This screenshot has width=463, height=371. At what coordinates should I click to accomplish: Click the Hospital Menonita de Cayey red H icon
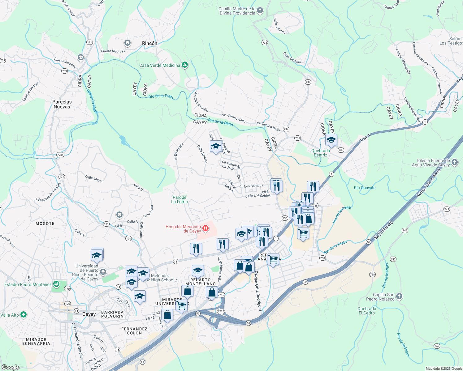coord(205,229)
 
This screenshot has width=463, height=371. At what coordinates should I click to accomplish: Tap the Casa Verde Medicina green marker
coord(185,65)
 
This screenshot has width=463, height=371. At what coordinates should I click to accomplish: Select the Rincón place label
coord(149,44)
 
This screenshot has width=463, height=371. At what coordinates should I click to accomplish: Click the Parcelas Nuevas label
coord(62,104)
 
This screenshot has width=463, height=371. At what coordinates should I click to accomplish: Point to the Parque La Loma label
coord(180,199)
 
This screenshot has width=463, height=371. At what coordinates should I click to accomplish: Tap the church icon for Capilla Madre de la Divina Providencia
coord(260,11)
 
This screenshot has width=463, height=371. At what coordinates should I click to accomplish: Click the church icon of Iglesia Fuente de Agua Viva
coord(454,162)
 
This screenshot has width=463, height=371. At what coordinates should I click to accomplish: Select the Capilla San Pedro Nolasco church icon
coord(399,296)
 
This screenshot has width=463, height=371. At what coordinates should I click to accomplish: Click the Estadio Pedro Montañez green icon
coord(56,284)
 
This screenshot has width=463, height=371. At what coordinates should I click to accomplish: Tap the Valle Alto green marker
coord(24,315)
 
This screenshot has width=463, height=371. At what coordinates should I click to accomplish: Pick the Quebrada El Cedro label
coord(367,311)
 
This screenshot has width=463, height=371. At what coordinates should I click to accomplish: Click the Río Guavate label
coord(365,188)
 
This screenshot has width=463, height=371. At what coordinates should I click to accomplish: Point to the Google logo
coord(11,367)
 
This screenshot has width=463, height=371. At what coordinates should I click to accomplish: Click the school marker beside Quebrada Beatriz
coord(331,140)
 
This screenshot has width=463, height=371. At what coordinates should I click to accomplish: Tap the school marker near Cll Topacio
coord(215,146)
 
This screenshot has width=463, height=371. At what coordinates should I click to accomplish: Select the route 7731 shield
coord(60,155)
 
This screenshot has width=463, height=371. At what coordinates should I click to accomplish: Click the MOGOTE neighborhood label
coord(45,224)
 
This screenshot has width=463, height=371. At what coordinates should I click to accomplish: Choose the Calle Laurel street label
coord(94,179)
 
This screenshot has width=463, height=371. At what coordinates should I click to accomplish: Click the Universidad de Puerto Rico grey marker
coord(103,272)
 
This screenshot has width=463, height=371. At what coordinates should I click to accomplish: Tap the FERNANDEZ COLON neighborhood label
coord(134,331)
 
